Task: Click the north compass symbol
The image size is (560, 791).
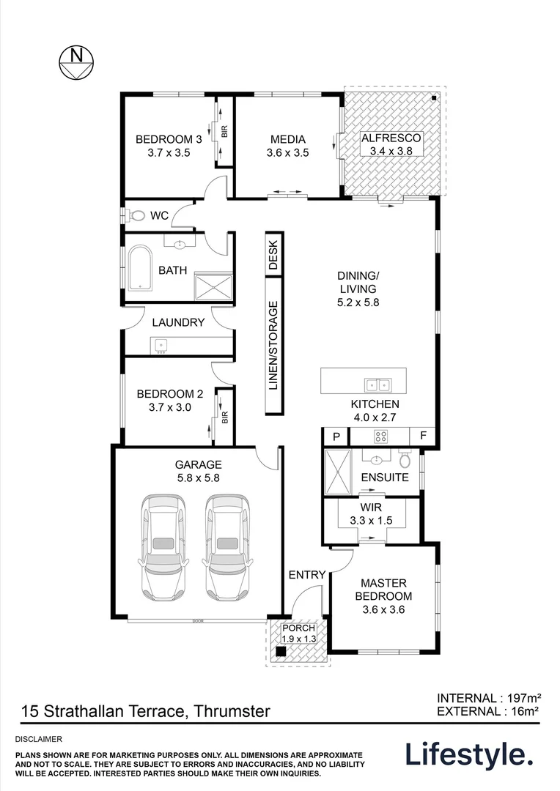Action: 74,62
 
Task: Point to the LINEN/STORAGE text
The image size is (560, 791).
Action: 273,345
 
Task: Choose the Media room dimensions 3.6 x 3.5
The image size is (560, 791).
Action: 287,153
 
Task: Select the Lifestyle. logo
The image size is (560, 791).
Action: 468,754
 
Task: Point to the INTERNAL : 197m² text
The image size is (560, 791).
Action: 488,697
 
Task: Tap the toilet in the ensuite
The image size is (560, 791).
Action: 404,461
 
